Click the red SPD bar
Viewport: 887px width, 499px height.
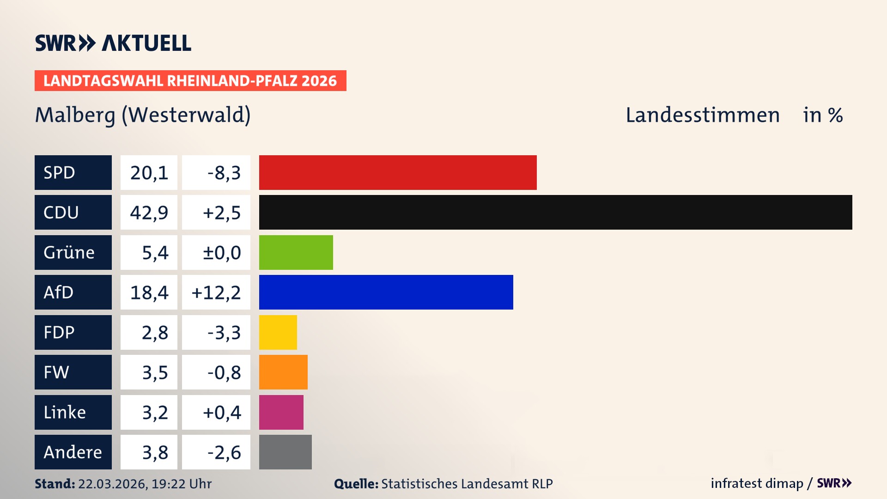point(398,172)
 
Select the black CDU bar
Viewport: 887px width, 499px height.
point(555,212)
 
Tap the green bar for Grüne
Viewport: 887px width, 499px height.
point(296,252)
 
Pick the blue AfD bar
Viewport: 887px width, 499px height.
point(386,292)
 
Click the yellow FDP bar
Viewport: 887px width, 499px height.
point(278,332)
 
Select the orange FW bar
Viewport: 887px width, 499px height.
point(283,372)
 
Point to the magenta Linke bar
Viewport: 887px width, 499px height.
point(281,412)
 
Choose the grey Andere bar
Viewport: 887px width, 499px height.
point(285,452)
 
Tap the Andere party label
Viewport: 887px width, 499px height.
point(73,452)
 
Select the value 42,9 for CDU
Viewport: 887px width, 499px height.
point(149,213)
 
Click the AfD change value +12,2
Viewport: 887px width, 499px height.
point(216,292)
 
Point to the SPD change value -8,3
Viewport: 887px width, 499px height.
point(224,173)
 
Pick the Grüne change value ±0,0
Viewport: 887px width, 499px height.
point(222,253)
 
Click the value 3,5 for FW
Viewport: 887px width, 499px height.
point(155,372)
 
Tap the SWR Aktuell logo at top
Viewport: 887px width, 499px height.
point(113,43)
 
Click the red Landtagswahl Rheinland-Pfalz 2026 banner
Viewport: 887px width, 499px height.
point(190,80)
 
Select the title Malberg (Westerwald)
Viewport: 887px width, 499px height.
point(143,115)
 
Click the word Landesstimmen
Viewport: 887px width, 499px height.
point(702,115)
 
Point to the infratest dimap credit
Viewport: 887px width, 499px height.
point(756,483)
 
